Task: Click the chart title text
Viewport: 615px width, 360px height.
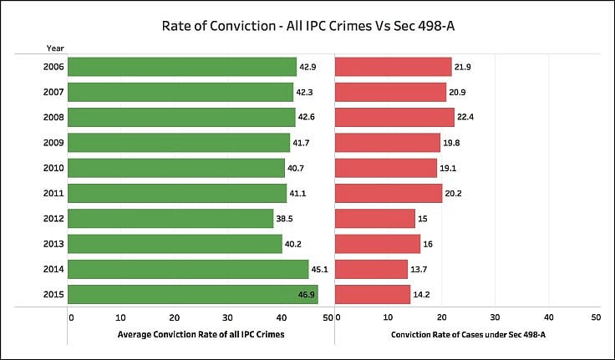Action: point(307,27)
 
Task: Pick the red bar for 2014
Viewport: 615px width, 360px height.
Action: point(371,269)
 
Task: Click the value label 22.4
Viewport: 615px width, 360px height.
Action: point(465,117)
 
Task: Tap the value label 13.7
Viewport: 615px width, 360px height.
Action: point(419,269)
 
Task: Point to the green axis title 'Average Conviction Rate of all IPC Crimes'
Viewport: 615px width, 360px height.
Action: point(201,334)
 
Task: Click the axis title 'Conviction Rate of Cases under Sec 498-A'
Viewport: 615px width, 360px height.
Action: point(466,334)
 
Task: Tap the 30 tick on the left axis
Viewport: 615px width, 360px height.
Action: point(227,317)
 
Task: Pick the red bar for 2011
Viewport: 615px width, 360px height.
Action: point(389,193)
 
